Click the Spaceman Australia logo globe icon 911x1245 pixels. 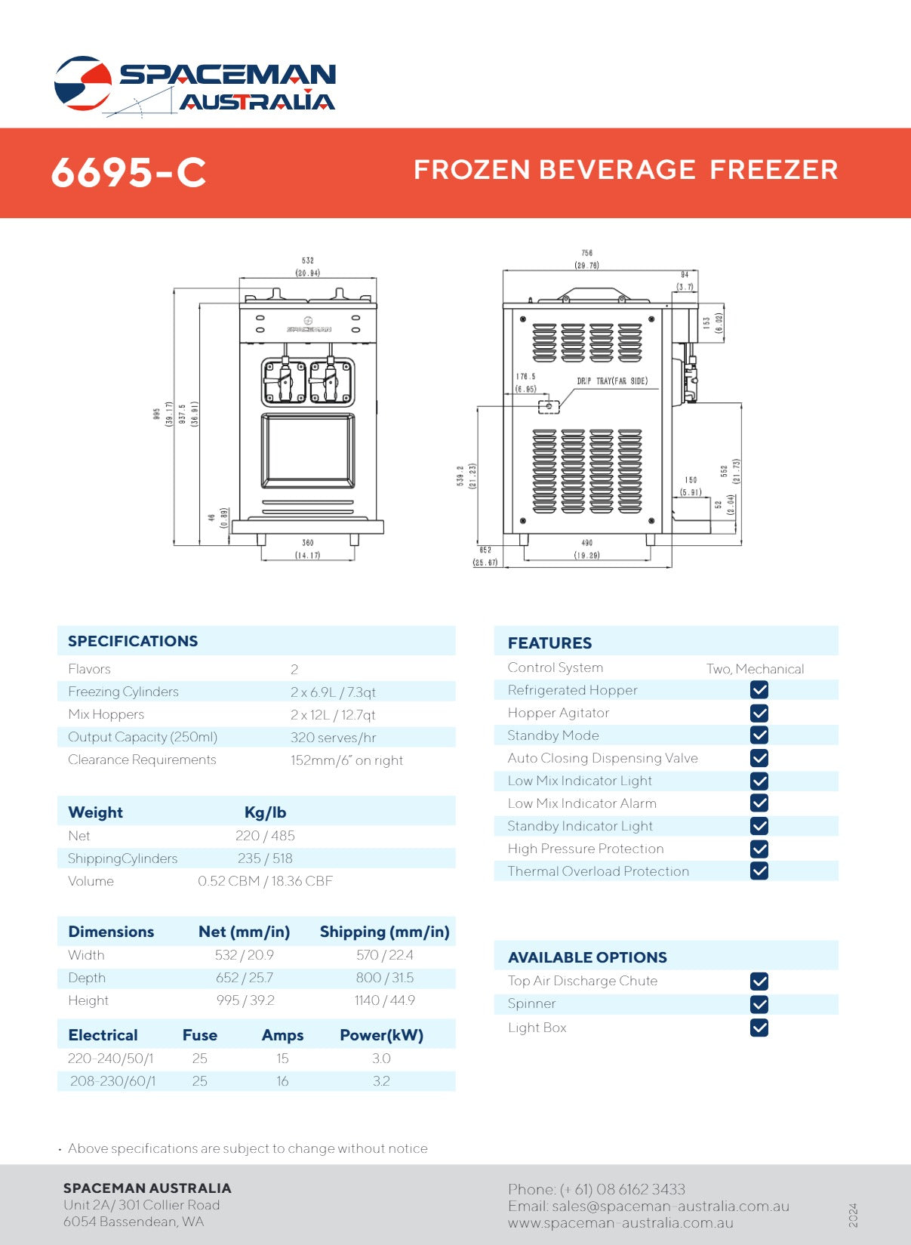pos(82,82)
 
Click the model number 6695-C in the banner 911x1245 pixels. pos(128,173)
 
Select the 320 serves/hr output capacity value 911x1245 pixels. pos(333,738)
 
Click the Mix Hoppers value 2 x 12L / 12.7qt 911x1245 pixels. pos(332,715)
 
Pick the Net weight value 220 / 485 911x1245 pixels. pos(265,836)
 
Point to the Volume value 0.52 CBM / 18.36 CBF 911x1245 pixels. pos(265,881)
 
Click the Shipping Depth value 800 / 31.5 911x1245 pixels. pos(385,978)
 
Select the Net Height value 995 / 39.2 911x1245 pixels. pos(245,1000)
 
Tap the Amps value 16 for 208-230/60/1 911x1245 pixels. pos(282,1081)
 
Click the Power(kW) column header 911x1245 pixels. pos(381,1035)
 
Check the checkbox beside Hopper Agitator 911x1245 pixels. pos(759,713)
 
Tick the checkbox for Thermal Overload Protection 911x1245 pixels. pos(759,871)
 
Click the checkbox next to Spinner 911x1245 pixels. pos(759,1004)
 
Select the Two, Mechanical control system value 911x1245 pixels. pos(755,669)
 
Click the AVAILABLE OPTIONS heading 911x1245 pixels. pos(587,957)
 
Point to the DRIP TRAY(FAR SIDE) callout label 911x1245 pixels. pos(612,381)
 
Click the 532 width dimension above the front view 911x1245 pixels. pos(308,260)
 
